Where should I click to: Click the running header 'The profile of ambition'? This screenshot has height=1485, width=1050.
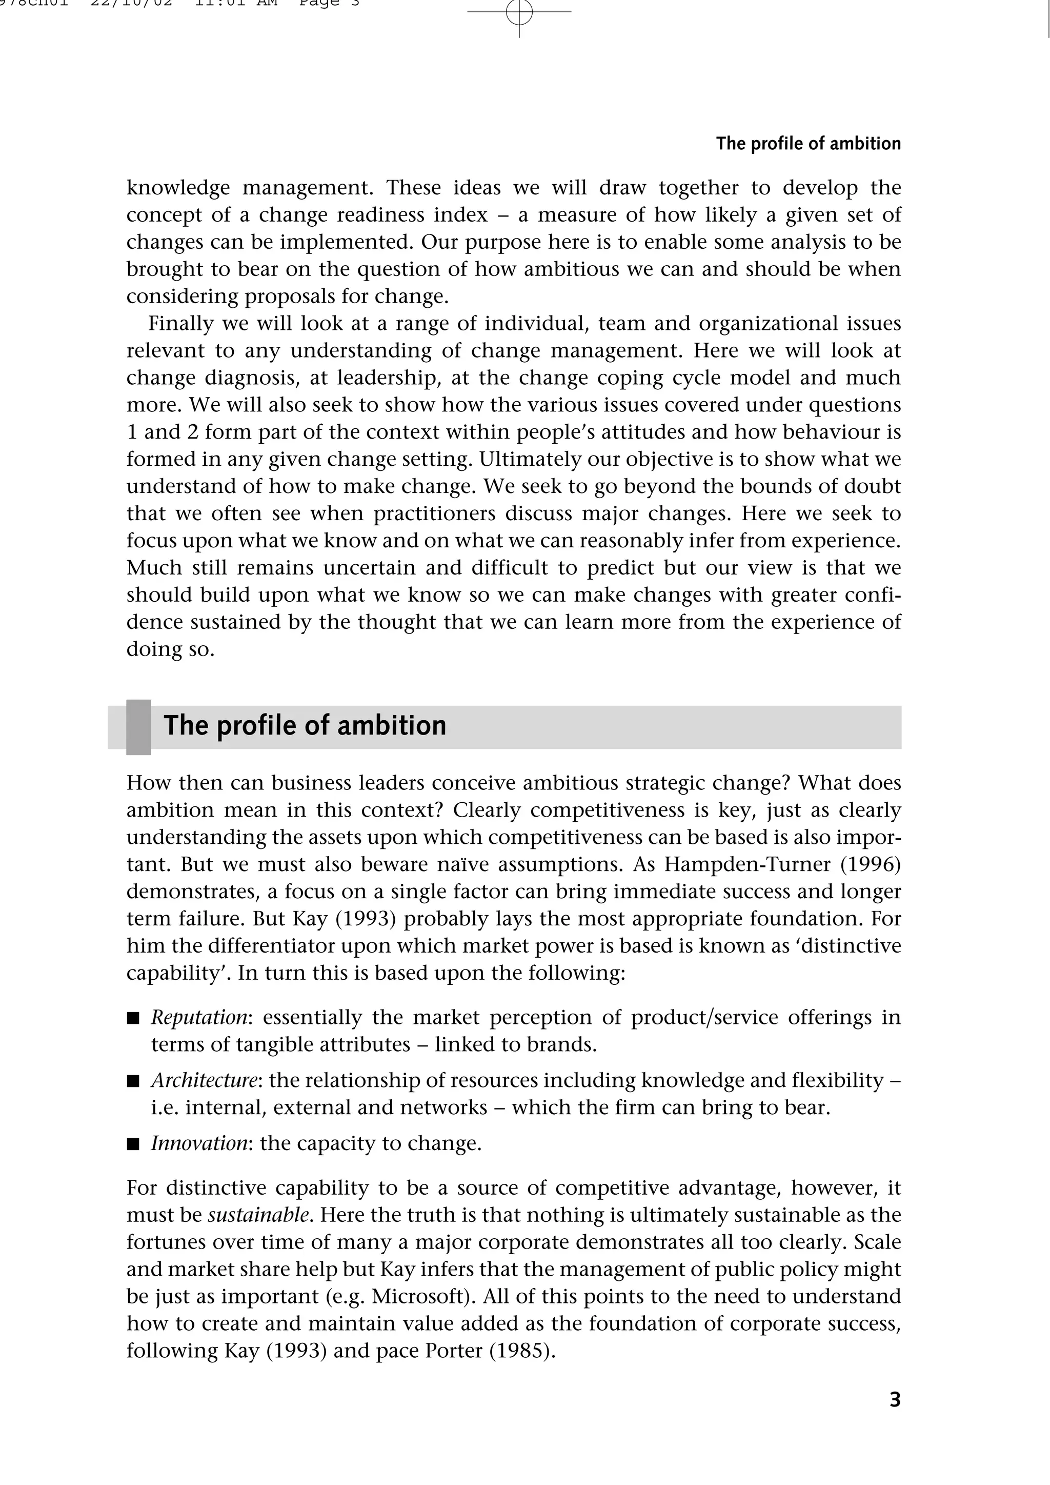[x=807, y=144]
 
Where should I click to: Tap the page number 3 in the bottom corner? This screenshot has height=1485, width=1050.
[x=895, y=1400]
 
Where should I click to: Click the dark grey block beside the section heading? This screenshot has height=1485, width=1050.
[x=138, y=727]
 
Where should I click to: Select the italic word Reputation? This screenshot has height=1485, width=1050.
[x=198, y=1017]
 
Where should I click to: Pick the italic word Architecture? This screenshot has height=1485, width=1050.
[x=205, y=1080]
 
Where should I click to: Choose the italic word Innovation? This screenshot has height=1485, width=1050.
[x=199, y=1143]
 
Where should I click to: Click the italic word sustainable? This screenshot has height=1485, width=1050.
[x=258, y=1215]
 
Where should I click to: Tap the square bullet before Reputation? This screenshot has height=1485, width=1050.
[x=133, y=1019]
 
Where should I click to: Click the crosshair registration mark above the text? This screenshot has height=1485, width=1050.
[x=519, y=12]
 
